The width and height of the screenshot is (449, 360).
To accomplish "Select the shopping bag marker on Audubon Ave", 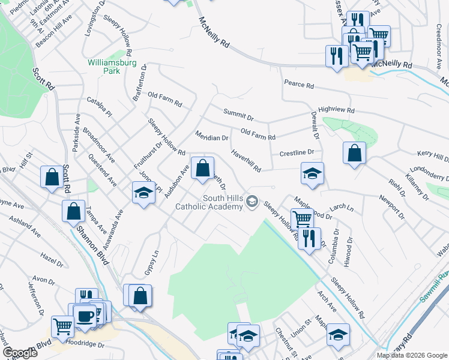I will coord(202,167).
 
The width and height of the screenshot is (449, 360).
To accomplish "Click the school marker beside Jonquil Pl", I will coord(143,193).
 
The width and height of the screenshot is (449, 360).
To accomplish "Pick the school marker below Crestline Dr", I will coord(312,173).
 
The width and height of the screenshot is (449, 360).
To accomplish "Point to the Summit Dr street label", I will coord(238,114).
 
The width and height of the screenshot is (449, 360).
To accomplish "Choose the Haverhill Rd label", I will coord(246,160).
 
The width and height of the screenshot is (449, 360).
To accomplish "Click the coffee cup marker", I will coord(85,315).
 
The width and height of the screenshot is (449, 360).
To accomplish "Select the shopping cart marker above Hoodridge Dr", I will coord(62,326).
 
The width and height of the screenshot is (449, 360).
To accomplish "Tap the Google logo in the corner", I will coord(20,352).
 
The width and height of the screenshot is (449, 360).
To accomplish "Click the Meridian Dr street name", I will coord(212,137).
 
